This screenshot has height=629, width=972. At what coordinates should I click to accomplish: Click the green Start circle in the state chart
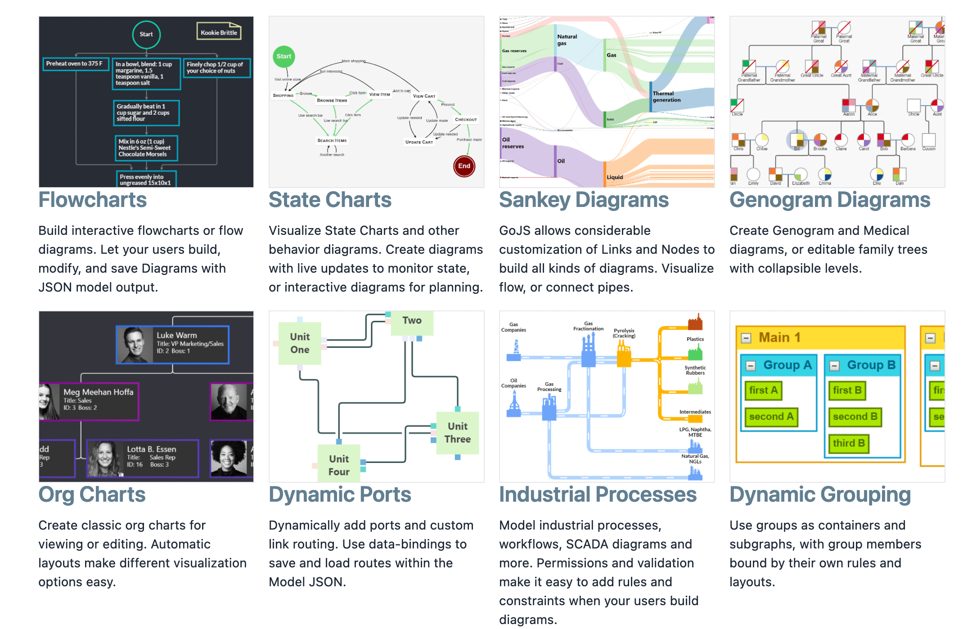283,56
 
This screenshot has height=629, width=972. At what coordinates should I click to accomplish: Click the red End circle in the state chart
464,166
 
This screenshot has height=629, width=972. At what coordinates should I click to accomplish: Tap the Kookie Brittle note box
219,32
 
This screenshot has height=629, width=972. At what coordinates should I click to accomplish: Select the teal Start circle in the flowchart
146,34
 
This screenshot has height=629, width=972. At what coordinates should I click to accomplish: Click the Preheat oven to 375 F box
75,64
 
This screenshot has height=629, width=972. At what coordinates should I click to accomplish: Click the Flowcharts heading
92,200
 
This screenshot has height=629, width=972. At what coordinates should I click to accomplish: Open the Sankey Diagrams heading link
584,200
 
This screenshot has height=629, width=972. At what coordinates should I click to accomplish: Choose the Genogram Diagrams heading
829,200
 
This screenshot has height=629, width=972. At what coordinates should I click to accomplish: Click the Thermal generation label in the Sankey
666,97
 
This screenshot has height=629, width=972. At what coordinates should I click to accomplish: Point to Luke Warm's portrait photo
135,345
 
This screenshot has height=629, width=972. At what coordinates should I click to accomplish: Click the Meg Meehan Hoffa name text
98,392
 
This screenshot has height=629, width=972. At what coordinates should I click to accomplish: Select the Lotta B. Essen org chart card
143,458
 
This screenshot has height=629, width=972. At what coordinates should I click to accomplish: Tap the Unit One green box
300,343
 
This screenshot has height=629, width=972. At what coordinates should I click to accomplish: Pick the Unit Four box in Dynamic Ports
338,465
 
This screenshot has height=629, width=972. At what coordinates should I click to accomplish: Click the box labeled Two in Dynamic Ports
412,321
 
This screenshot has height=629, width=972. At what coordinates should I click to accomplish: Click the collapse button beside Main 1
746,338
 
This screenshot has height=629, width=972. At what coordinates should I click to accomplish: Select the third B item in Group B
848,443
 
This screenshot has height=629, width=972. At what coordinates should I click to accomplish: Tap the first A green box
763,390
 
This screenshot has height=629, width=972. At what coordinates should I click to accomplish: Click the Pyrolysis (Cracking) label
624,333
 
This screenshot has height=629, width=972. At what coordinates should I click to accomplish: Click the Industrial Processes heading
598,494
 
